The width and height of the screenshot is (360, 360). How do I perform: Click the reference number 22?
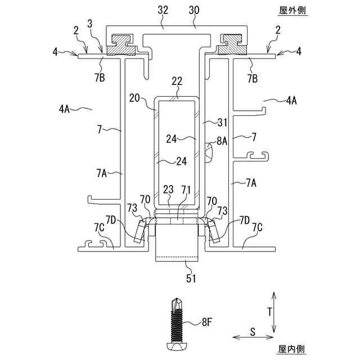pyautogui.click(x=177, y=82)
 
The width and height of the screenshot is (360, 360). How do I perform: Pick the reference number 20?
pyautogui.click(x=134, y=97)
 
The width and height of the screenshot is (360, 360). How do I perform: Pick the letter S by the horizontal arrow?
pyautogui.click(x=253, y=332)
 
